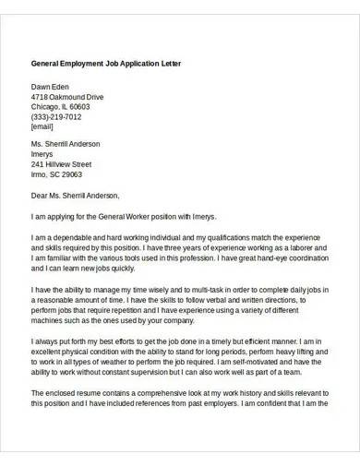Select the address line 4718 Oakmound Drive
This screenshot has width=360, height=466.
67,96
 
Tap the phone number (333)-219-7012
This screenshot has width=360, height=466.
62,116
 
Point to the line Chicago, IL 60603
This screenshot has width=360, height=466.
63,106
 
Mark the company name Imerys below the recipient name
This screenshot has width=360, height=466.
45,154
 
